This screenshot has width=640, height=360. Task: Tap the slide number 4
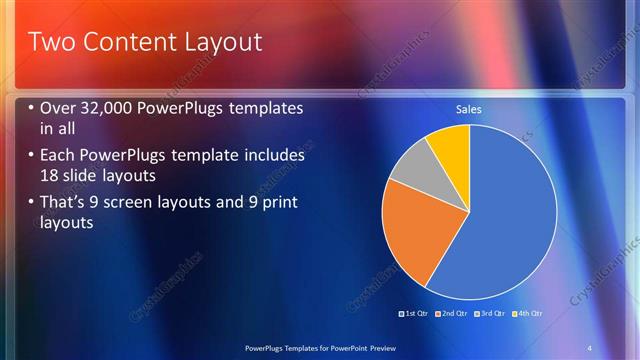coord(590,347)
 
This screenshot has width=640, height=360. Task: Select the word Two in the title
coord(49,42)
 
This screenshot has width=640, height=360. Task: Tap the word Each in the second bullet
coord(57,156)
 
